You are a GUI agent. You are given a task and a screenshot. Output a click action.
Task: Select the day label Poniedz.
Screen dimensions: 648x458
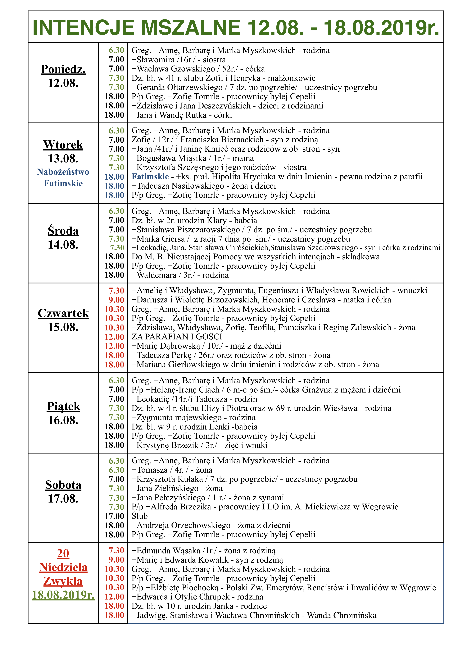pyautogui.click(x=63, y=69)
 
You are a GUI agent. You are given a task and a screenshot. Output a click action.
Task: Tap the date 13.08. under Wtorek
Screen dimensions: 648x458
pyautogui.click(x=63, y=159)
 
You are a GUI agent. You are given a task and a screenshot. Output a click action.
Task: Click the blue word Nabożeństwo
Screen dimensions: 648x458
pyautogui.click(x=63, y=172)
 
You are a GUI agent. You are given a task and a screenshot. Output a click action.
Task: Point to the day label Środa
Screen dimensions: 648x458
pyautogui.click(x=63, y=231)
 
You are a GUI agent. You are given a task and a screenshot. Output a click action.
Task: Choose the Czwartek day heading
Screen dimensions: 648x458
pyautogui.click(x=63, y=313)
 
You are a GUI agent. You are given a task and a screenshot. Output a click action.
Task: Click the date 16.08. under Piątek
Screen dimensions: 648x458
pyautogui.click(x=63, y=420)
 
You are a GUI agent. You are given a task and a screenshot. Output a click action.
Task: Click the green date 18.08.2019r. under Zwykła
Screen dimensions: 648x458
pyautogui.click(x=63, y=595)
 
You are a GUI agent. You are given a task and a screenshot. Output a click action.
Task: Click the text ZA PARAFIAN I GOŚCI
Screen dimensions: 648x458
pyautogui.click(x=177, y=337)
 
